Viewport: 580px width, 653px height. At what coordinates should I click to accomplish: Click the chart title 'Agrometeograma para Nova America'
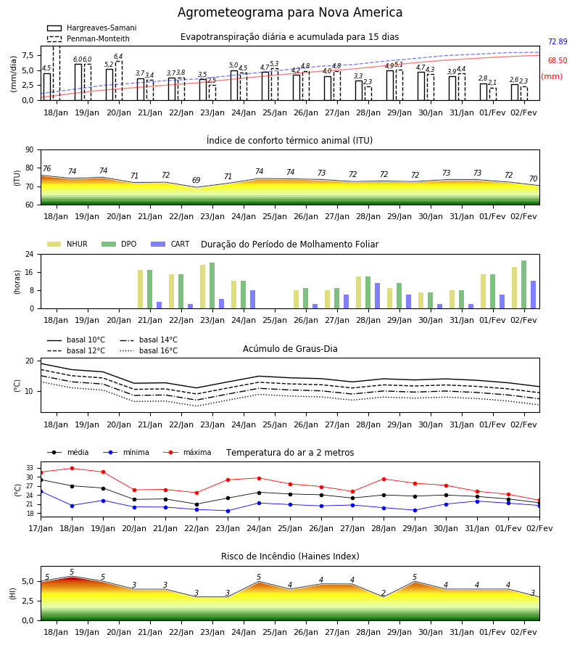pyautogui.click(x=290, y=12)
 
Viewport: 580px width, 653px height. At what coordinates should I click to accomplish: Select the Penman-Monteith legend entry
pyautogui.click(x=88, y=38)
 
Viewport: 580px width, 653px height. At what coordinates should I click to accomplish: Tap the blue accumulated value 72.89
pyautogui.click(x=558, y=41)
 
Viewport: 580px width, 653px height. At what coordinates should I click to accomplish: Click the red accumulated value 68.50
pyautogui.click(x=558, y=60)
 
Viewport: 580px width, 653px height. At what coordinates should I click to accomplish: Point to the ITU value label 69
pyautogui.click(x=196, y=180)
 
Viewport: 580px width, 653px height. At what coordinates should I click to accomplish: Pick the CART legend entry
pyautogui.click(x=170, y=244)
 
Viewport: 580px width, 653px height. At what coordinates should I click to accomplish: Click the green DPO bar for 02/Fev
pyautogui.click(x=524, y=284)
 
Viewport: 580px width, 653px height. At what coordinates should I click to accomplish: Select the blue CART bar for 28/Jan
pyautogui.click(x=378, y=296)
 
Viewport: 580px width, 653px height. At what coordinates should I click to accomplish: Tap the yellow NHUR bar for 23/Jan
pyautogui.click(x=202, y=287)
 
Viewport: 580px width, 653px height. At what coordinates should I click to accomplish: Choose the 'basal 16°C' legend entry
pyautogui.click(x=149, y=350)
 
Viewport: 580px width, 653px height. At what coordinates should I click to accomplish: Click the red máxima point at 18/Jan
pyautogui.click(x=72, y=468)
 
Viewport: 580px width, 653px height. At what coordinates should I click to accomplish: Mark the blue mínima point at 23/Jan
pyautogui.click(x=228, y=511)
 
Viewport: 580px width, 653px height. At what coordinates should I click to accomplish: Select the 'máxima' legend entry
pyautogui.click(x=187, y=452)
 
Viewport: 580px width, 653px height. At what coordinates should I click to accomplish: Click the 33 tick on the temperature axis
pyautogui.click(x=30, y=468)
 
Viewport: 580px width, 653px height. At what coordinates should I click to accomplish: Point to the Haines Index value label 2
pyautogui.click(x=384, y=593)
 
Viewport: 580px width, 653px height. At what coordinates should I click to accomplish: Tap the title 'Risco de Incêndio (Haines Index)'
pyautogui.click(x=290, y=557)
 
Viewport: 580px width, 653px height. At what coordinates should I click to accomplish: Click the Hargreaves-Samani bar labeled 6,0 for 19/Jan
pyautogui.click(x=78, y=82)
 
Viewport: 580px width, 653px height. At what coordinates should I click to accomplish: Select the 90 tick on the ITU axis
pyautogui.click(x=30, y=150)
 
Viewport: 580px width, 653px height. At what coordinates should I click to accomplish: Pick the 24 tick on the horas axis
pyautogui.click(x=30, y=254)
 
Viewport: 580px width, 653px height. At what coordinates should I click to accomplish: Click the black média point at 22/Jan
pyautogui.click(x=196, y=504)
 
